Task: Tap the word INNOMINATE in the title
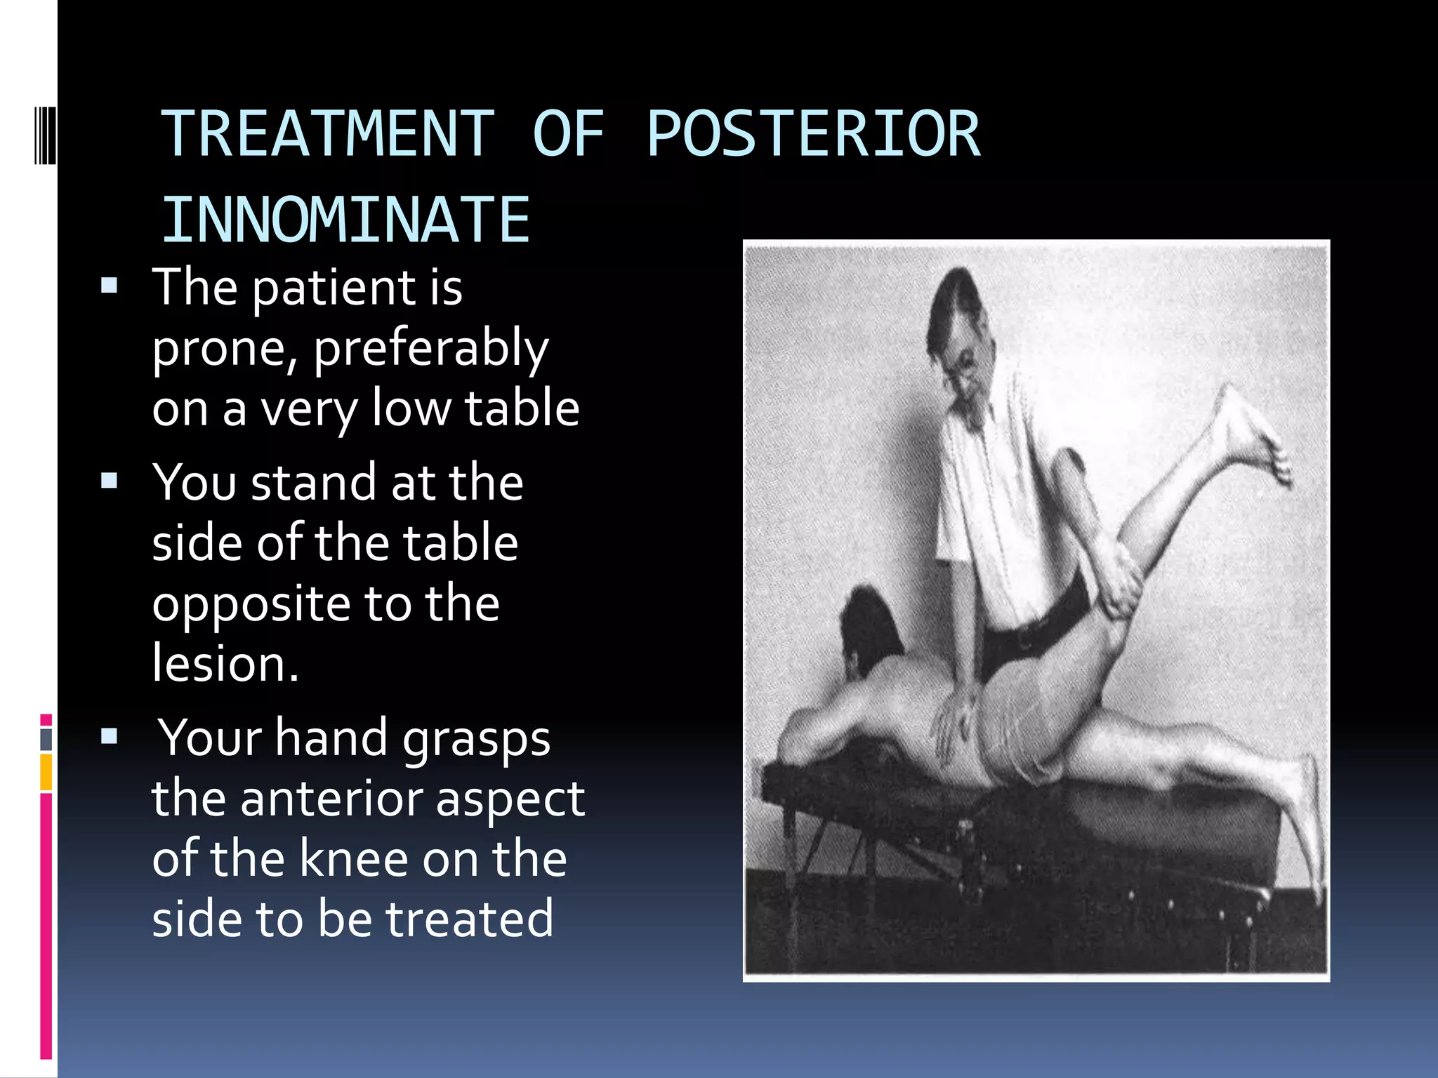(345, 220)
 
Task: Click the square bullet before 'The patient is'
(109, 286)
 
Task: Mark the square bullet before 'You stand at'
(109, 481)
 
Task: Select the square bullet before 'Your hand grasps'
(109, 736)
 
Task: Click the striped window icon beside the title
(45, 134)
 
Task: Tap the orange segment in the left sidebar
(46, 772)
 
